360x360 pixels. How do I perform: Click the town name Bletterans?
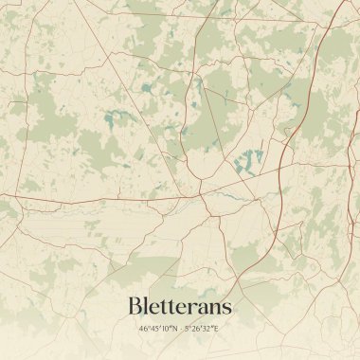179,307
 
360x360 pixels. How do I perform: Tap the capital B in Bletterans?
135,307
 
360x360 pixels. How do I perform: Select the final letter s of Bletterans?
226,310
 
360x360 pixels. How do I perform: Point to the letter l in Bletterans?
147,307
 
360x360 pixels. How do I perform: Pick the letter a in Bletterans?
201,310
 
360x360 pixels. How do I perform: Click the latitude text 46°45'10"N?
158,329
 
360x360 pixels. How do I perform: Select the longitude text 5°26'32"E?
202,329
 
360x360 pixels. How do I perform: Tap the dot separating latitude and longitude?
181,329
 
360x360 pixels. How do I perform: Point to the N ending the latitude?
174,329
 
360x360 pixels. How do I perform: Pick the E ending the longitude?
216,329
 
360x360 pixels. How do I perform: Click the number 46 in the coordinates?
143,329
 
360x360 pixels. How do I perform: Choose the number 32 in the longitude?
207,329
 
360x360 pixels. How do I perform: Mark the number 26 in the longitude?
197,329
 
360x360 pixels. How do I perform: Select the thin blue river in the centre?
223,195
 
